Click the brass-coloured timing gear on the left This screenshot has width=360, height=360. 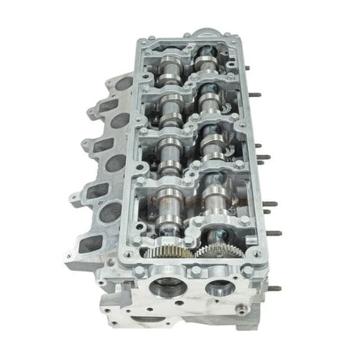(x=166, y=255)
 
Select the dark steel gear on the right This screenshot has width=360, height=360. (x=213, y=253)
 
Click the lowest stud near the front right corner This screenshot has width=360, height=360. (x=273, y=288)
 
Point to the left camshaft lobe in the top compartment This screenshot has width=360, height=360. (x=169, y=73)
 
